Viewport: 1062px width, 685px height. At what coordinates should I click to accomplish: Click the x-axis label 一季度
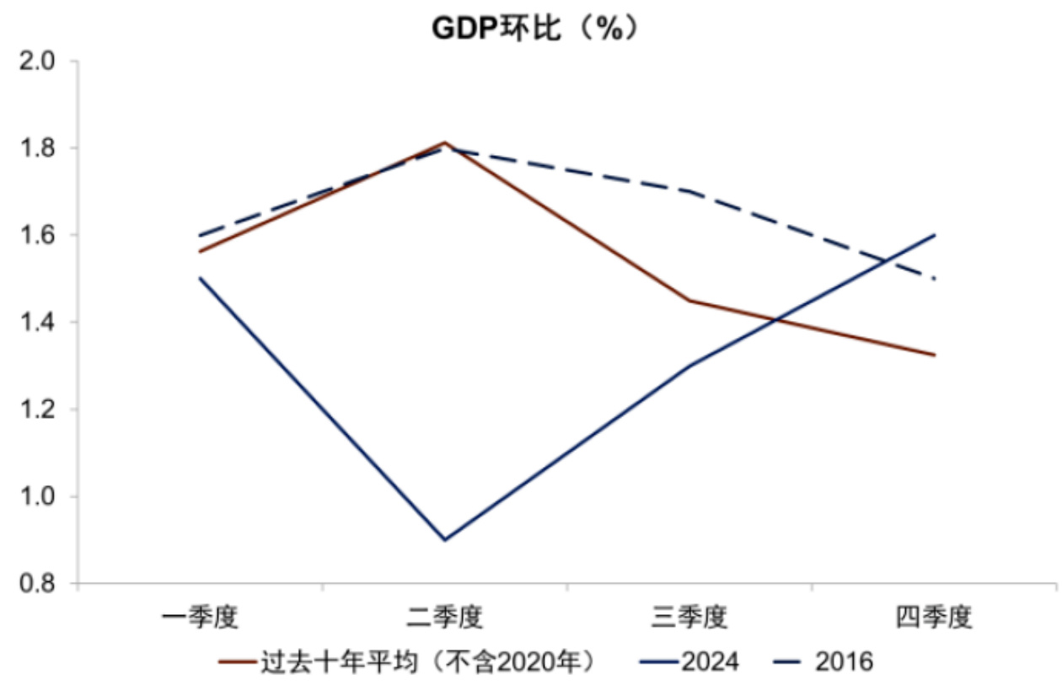[201, 618]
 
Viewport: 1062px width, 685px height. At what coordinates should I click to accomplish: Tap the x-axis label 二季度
[445, 618]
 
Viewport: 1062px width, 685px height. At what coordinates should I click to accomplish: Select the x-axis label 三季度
[689, 618]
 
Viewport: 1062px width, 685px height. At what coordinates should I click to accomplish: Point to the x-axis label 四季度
[934, 618]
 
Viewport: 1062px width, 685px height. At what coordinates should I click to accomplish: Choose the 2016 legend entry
[844, 661]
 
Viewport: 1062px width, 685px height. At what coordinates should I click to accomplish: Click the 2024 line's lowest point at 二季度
[445, 540]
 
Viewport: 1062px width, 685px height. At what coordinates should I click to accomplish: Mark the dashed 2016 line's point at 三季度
[689, 191]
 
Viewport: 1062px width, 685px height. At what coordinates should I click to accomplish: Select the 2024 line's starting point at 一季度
[201, 278]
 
